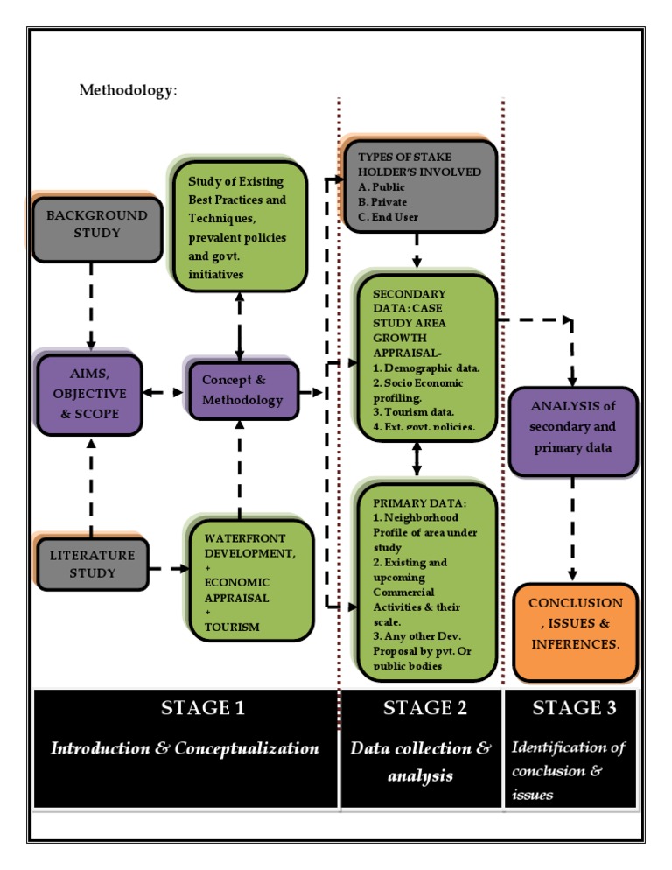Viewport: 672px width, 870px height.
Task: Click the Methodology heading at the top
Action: click(x=128, y=89)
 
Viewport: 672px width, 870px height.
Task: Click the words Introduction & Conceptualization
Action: click(x=185, y=748)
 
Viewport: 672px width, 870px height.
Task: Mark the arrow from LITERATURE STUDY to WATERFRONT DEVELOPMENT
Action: click(x=168, y=570)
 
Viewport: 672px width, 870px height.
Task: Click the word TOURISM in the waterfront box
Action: click(x=232, y=628)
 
